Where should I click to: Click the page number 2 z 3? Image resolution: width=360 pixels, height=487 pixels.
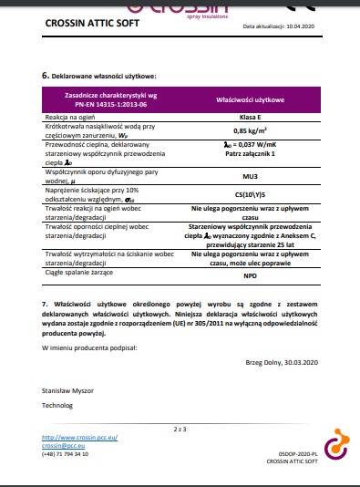click(180, 428)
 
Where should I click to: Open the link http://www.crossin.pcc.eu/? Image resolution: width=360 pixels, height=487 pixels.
click(80, 438)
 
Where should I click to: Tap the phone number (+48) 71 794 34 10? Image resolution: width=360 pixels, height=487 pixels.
click(66, 453)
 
